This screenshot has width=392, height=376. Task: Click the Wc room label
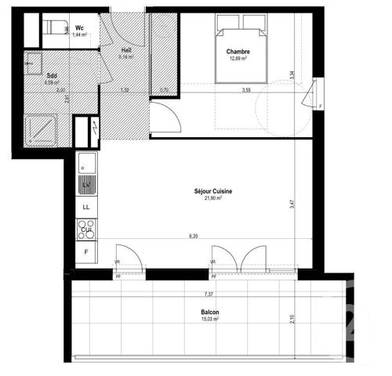point(79,27)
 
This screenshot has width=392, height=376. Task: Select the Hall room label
point(125,49)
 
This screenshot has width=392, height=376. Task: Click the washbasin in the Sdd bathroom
point(33,60)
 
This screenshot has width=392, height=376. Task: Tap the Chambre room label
point(238,52)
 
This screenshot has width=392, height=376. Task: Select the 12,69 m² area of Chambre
point(238,58)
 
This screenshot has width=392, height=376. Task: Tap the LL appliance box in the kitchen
point(86,207)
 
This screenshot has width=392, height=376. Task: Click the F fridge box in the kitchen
point(86,252)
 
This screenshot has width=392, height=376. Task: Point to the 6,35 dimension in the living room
point(193,234)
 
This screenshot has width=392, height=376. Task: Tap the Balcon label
point(209,313)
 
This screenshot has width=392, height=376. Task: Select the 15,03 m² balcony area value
point(209,320)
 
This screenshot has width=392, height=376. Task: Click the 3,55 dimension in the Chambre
point(246,90)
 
